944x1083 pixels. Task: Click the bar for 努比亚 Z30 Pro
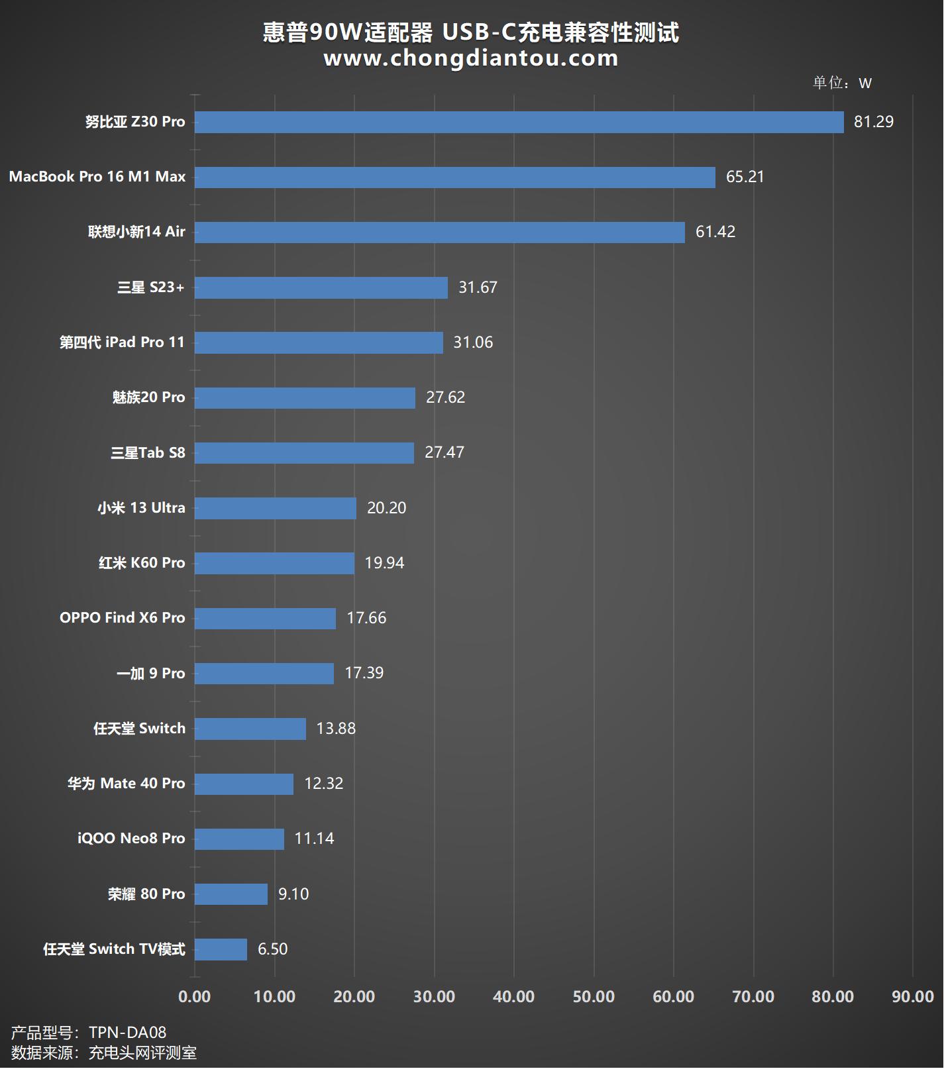pos(519,122)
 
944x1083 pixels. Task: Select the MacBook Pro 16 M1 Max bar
pos(454,177)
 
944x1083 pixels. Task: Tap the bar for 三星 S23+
pos(321,287)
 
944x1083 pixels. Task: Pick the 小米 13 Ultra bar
pos(275,508)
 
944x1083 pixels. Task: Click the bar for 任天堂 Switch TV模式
pos(221,949)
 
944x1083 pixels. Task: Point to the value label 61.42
pos(715,232)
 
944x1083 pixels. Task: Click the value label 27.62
pos(445,397)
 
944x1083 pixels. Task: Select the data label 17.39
pos(364,673)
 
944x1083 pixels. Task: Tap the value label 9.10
pos(293,894)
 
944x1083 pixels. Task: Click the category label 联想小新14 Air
pos(136,232)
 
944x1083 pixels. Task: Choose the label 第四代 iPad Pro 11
pos(122,342)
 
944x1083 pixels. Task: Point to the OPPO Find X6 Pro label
pos(122,618)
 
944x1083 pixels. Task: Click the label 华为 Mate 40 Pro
pos(126,784)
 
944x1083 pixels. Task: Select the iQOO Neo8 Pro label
pos(131,839)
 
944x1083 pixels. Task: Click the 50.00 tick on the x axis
pos(594,996)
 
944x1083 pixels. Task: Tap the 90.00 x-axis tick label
pos(912,996)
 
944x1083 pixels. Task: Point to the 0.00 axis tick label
pos(195,996)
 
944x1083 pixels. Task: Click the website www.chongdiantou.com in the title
pos(470,58)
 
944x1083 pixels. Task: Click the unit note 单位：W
pos(842,83)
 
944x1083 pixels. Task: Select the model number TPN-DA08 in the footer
pos(127,1033)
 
